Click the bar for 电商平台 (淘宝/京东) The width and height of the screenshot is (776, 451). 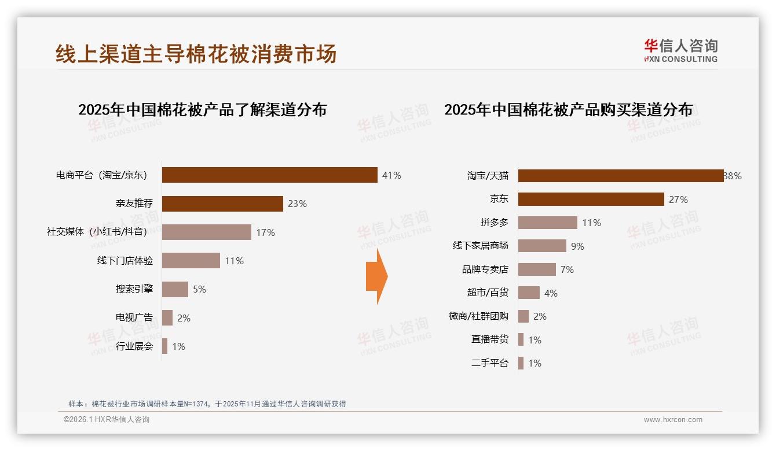(269, 175)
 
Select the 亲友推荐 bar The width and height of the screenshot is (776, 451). (222, 204)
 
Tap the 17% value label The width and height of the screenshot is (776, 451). (265, 232)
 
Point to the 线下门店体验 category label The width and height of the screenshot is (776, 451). (125, 261)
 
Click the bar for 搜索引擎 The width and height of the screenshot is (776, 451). (175, 289)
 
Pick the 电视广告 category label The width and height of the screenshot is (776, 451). (134, 317)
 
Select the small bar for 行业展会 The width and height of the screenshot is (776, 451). (164, 346)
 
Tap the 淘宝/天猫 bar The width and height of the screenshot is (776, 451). (620, 176)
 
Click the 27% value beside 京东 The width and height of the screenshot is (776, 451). (678, 199)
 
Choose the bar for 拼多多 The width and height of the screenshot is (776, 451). (547, 223)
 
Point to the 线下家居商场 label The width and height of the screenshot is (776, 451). (481, 246)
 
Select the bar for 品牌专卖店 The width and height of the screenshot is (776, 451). (537, 269)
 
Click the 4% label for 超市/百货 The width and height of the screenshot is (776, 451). (551, 293)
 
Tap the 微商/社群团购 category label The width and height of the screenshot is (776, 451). (478, 316)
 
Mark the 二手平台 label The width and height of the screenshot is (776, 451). (490, 363)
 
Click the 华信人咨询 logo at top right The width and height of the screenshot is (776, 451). (680, 50)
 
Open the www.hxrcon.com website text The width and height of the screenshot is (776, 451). (673, 420)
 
